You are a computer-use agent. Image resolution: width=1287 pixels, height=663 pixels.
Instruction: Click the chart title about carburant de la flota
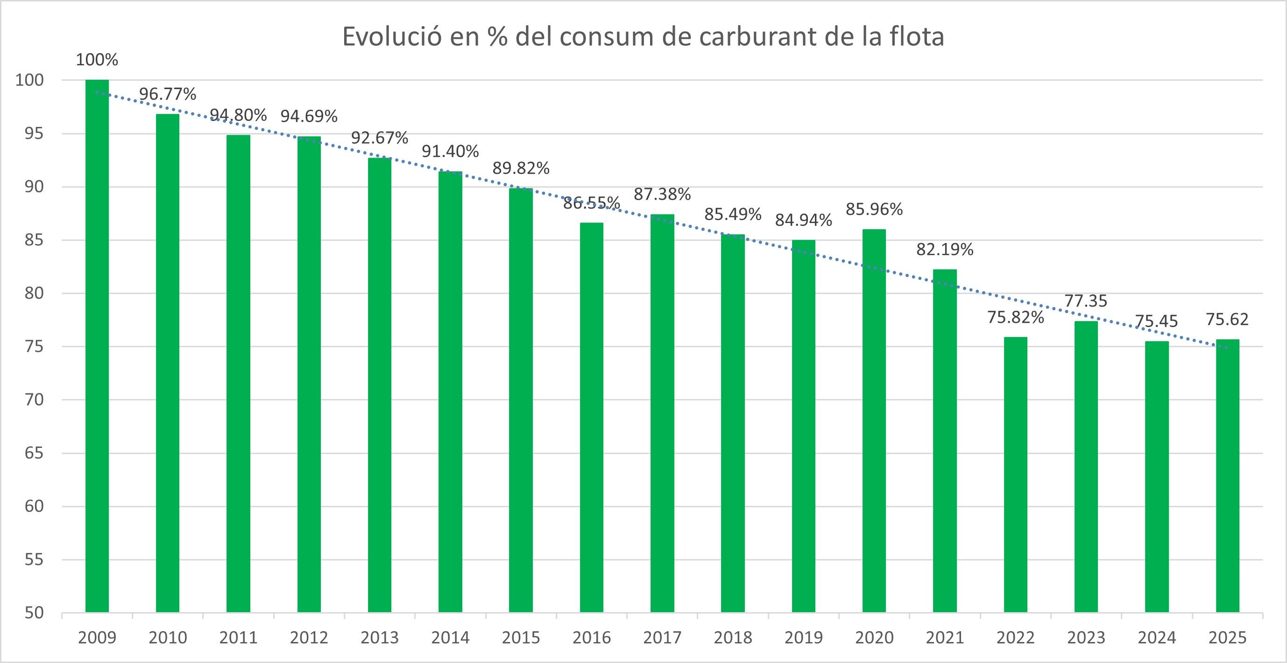pos(643,37)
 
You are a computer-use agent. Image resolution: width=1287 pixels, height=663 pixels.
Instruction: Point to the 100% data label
pos(97,60)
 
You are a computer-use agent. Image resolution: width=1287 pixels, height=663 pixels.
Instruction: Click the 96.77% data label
pos(167,94)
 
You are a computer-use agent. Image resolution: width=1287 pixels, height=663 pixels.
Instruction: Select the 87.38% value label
pos(662,194)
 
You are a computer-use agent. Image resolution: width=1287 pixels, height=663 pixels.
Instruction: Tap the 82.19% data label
pos(944,249)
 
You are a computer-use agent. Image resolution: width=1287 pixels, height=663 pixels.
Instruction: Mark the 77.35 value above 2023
pos(1086,301)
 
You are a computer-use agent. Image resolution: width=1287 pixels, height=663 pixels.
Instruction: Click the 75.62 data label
pos(1227,319)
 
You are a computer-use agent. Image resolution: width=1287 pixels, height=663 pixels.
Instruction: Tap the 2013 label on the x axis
pos(380,637)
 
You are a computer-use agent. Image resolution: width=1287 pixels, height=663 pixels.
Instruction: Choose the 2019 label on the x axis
pos(803,637)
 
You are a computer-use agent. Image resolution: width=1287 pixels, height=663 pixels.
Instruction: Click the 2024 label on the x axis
pos(1157,637)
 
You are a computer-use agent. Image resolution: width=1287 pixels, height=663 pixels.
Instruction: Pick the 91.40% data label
pos(450,151)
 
